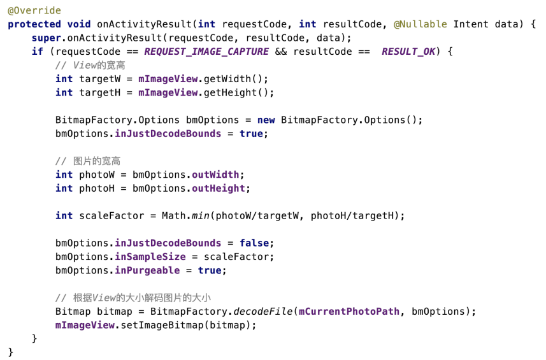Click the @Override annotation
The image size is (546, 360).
(34, 11)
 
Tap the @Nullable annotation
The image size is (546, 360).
(420, 24)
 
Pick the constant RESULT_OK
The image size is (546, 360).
(408, 52)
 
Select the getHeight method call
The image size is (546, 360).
(233, 92)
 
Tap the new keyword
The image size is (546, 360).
(266, 120)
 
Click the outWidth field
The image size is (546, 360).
(215, 175)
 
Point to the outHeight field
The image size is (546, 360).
(219, 188)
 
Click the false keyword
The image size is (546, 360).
(254, 243)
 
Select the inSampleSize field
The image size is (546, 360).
(150, 257)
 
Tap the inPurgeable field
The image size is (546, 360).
(147, 270)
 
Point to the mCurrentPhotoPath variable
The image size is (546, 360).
(349, 312)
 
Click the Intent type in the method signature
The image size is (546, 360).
(471, 24)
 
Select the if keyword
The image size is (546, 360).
(38, 52)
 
